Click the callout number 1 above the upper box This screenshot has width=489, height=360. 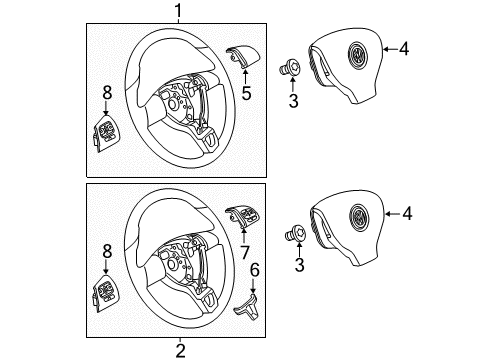click(179, 11)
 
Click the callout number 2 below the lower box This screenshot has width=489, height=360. click(180, 351)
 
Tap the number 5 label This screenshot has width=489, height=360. click(246, 93)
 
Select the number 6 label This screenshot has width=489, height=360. click(255, 270)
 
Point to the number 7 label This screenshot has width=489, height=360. click(245, 252)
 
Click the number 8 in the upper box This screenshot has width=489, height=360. click(107, 92)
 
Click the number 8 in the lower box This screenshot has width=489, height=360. click(107, 251)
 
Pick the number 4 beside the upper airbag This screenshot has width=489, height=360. click(404, 49)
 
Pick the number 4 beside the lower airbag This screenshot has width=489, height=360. click(407, 213)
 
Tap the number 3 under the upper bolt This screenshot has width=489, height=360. click(293, 101)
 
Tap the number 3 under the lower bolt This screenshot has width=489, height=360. click(300, 265)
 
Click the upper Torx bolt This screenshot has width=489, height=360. click(290, 68)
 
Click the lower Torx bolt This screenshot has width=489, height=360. click(296, 232)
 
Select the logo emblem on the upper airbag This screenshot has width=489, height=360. click(357, 56)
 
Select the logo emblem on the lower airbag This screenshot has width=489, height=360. click(359, 218)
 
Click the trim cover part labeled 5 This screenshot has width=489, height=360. click(242, 56)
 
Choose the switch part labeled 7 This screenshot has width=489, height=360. click(242, 216)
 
